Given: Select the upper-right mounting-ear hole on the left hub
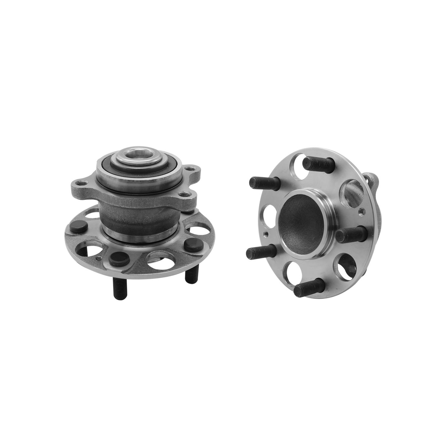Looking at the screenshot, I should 188,169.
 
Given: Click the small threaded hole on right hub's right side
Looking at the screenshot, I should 362,212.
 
